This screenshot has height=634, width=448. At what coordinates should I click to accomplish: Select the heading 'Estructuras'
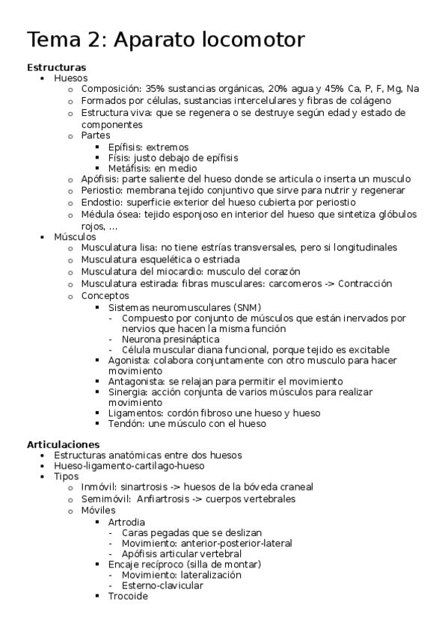click(x=56, y=67)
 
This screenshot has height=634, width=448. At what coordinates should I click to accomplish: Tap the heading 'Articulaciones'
click(x=62, y=443)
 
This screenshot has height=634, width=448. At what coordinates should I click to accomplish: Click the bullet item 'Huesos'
click(x=70, y=78)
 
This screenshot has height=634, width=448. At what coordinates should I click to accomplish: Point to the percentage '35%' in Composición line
click(x=155, y=89)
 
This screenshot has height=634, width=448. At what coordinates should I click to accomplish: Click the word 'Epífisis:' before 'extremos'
click(x=125, y=147)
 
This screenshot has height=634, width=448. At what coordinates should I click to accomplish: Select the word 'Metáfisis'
click(x=130, y=168)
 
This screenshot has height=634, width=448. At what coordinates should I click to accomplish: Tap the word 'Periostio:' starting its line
click(x=103, y=191)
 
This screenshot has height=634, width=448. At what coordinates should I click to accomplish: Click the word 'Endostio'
click(x=102, y=203)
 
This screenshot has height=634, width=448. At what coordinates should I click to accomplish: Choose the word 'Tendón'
click(x=126, y=424)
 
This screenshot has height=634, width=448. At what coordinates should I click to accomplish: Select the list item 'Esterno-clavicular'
click(x=162, y=585)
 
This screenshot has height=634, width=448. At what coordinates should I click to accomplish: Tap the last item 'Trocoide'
click(x=128, y=597)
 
